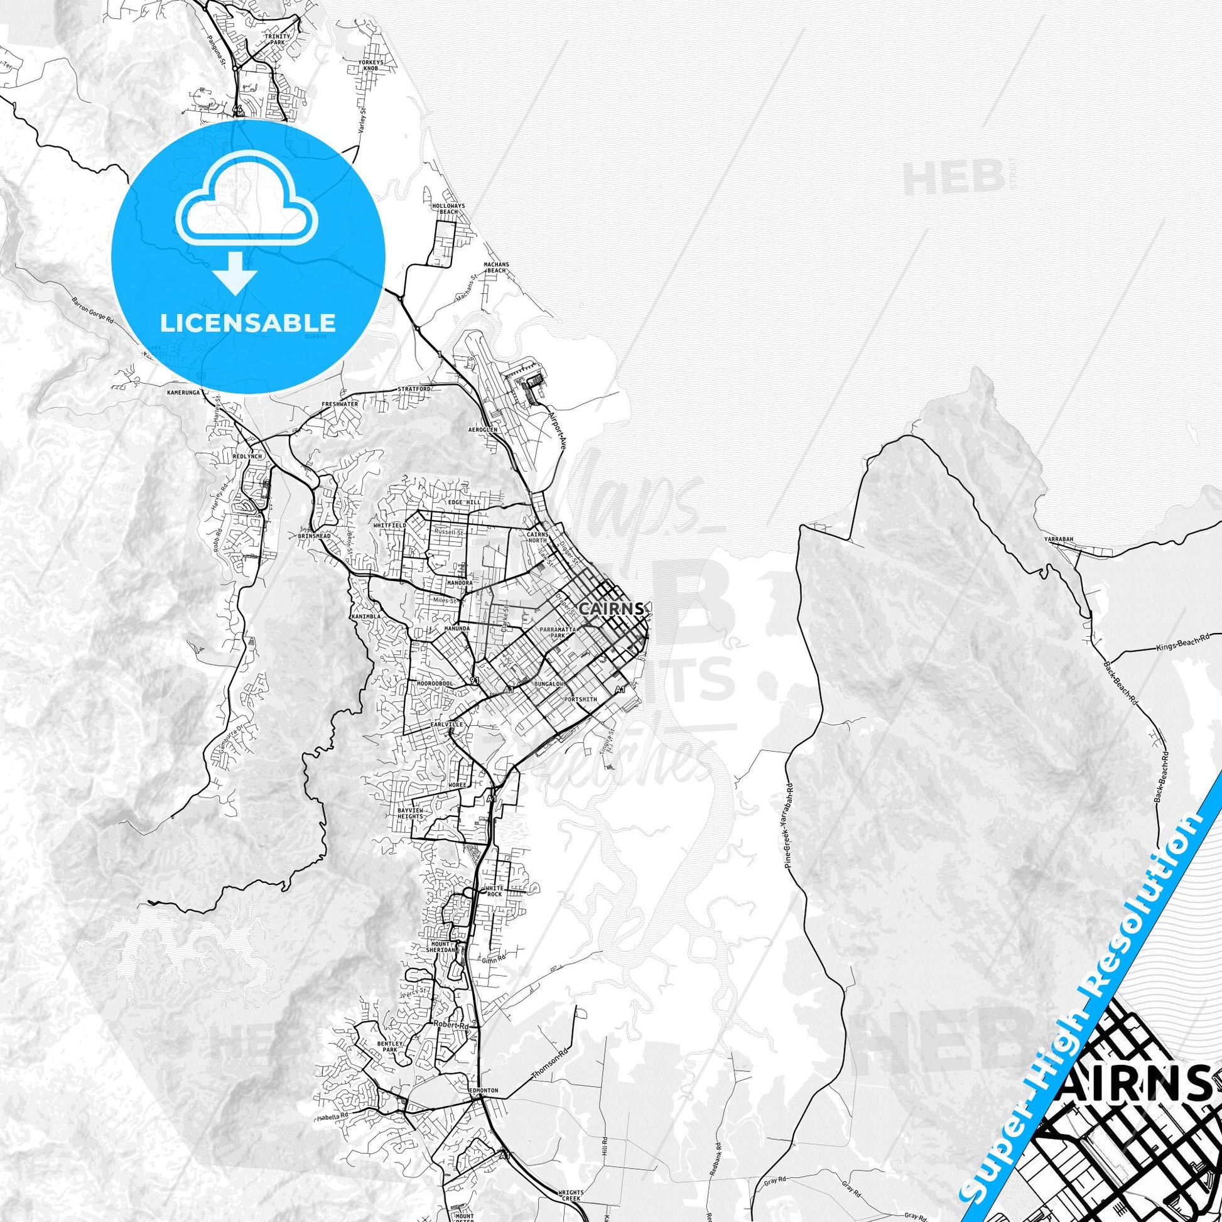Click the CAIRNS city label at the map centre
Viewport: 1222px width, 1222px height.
(612, 608)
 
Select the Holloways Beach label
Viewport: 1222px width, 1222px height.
(448, 209)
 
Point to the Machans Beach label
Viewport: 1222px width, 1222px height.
(496, 267)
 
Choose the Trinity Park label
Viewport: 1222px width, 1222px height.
(278, 39)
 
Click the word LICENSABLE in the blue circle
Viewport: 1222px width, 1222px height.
(247, 323)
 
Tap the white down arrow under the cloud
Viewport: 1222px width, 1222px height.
(234, 273)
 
